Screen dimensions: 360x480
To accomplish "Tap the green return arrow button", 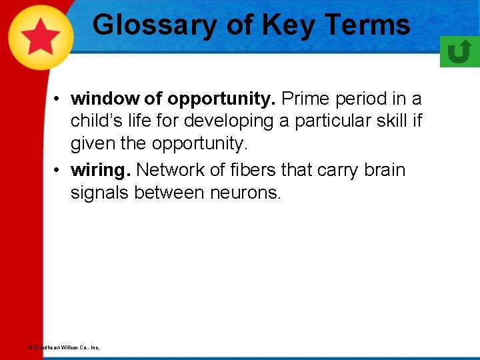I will [459, 51].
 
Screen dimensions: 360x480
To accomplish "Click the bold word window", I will [105, 99].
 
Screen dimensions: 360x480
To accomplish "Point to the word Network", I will [171, 170].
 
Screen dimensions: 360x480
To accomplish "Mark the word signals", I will [101, 193].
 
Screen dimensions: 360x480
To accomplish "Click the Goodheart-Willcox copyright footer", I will [64, 347].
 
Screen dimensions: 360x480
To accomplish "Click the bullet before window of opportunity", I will [59, 99].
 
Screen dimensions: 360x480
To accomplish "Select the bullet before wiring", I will [59, 171].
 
